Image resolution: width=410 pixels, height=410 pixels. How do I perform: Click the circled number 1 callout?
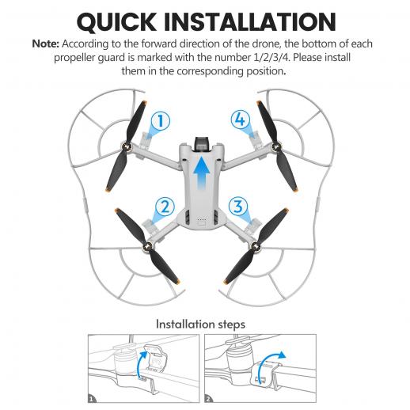coord(161,121)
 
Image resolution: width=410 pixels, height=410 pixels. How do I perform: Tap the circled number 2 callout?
coord(165,207)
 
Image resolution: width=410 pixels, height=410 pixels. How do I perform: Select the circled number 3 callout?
coord(238,206)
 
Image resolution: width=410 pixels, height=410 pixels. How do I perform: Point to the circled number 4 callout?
coord(241,120)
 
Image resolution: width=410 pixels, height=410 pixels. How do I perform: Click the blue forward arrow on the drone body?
coord(202,173)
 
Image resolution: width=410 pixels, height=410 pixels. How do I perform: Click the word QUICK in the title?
coord(116,22)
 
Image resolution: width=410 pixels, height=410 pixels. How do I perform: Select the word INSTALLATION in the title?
coord(249,22)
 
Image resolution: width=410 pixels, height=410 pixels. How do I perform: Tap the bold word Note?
coord(45,44)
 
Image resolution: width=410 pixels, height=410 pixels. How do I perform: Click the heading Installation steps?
coord(200,325)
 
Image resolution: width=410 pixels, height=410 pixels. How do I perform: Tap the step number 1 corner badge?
coord(92,399)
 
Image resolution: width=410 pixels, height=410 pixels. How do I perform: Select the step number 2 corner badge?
coord(208,399)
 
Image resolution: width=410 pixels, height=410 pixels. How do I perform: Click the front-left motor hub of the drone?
coord(126,146)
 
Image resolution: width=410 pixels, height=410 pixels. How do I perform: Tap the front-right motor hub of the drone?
coord(276,146)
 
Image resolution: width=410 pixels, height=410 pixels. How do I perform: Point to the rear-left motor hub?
coord(147,247)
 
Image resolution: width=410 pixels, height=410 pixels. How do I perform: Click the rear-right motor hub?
coord(255,246)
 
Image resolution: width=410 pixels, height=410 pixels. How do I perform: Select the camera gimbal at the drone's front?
coord(202,144)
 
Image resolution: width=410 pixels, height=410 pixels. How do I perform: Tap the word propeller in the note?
coord(74,58)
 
